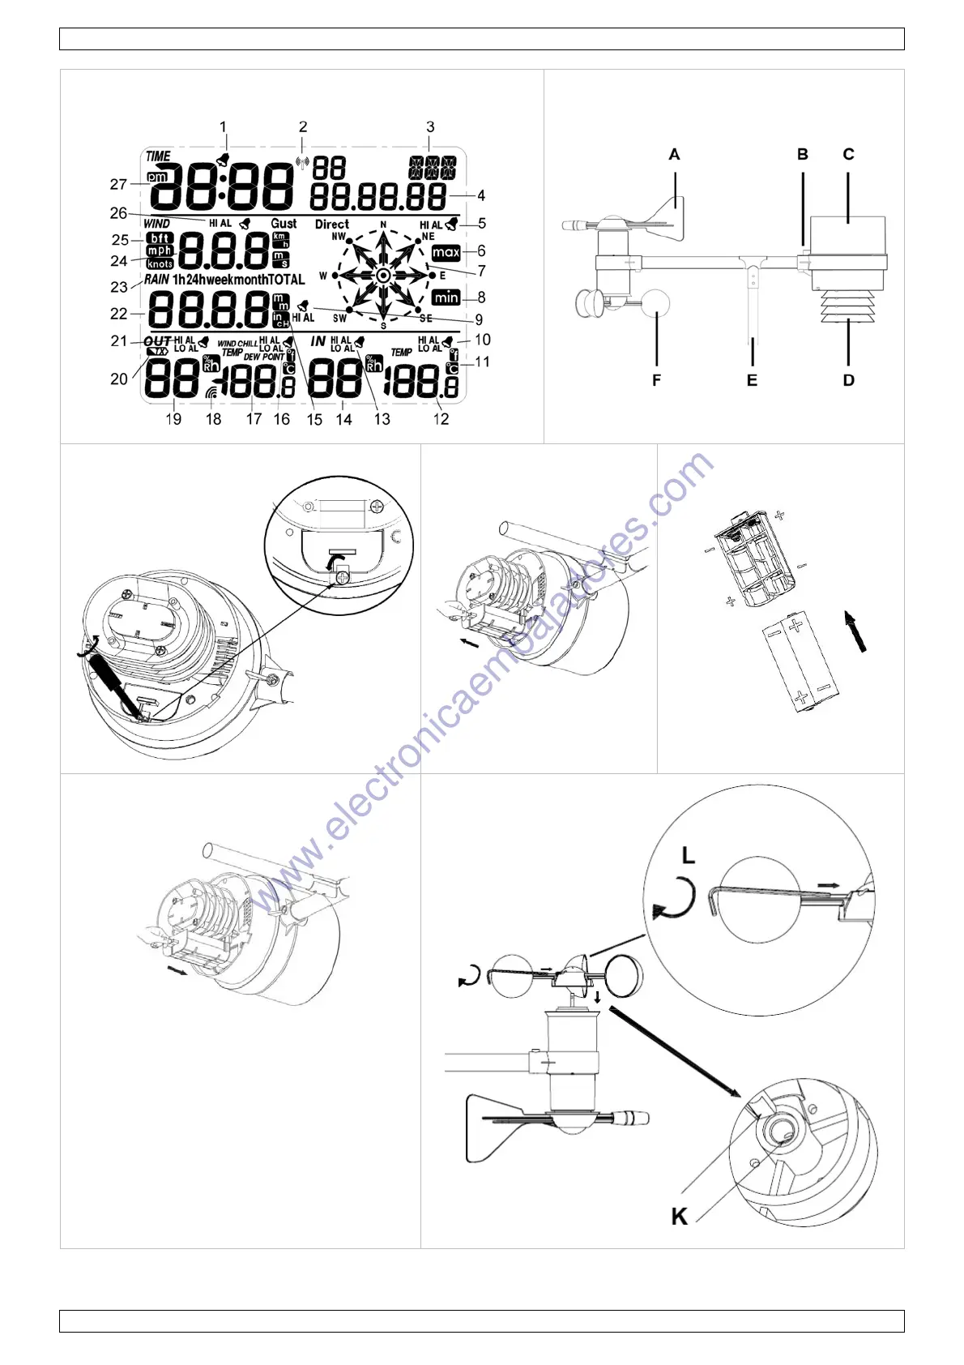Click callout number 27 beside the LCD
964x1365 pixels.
coord(118,185)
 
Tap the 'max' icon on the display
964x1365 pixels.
coord(446,253)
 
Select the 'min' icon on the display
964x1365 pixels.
coord(446,297)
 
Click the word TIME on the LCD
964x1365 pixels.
coord(158,156)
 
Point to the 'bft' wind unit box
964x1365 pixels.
coord(160,238)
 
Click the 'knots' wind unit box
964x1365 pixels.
coord(160,264)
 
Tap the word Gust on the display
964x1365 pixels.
coord(284,224)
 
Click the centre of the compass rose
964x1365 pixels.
coord(383,276)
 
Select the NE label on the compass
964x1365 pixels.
coord(428,237)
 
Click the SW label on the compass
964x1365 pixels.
coord(339,319)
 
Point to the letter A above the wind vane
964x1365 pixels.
coord(674,155)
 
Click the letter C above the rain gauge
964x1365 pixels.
coord(848,154)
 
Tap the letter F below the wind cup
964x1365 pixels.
coord(656,380)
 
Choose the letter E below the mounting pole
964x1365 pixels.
coord(752,380)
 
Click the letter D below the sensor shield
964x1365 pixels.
coord(848,380)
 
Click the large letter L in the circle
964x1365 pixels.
coord(688,855)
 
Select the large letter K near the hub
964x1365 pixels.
coord(679,1216)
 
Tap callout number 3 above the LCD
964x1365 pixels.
coord(430,127)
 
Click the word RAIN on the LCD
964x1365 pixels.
coord(156,280)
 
